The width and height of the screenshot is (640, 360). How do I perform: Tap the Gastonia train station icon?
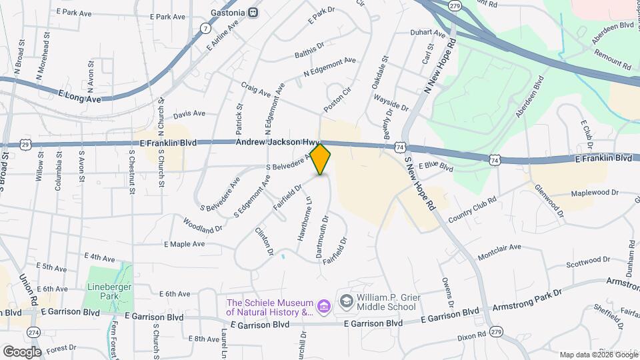click(x=253, y=12)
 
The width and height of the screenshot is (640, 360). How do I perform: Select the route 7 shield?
click(x=205, y=29)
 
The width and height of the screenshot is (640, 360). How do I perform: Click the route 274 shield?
click(x=33, y=332)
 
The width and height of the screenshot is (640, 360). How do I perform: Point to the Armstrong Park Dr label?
click(x=527, y=300)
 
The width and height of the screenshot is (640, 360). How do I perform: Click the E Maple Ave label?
click(x=185, y=244)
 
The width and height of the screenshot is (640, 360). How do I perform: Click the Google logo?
click(x=22, y=351)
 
